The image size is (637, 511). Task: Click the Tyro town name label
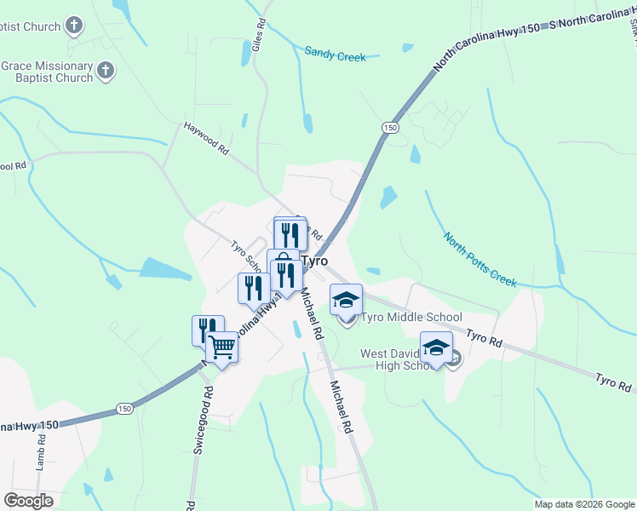pos(313,261)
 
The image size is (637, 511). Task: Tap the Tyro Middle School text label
pos(412,318)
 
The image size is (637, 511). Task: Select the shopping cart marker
pos(222,347)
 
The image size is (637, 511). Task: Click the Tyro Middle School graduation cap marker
pos(347,299)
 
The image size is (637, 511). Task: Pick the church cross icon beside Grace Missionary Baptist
pos(106,71)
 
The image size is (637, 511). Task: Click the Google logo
pos(28,500)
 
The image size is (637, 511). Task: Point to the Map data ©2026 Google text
pos(584,504)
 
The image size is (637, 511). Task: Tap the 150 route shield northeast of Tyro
pos(390,127)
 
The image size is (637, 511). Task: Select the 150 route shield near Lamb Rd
pos(125,409)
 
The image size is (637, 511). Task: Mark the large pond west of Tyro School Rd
pos(165,269)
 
